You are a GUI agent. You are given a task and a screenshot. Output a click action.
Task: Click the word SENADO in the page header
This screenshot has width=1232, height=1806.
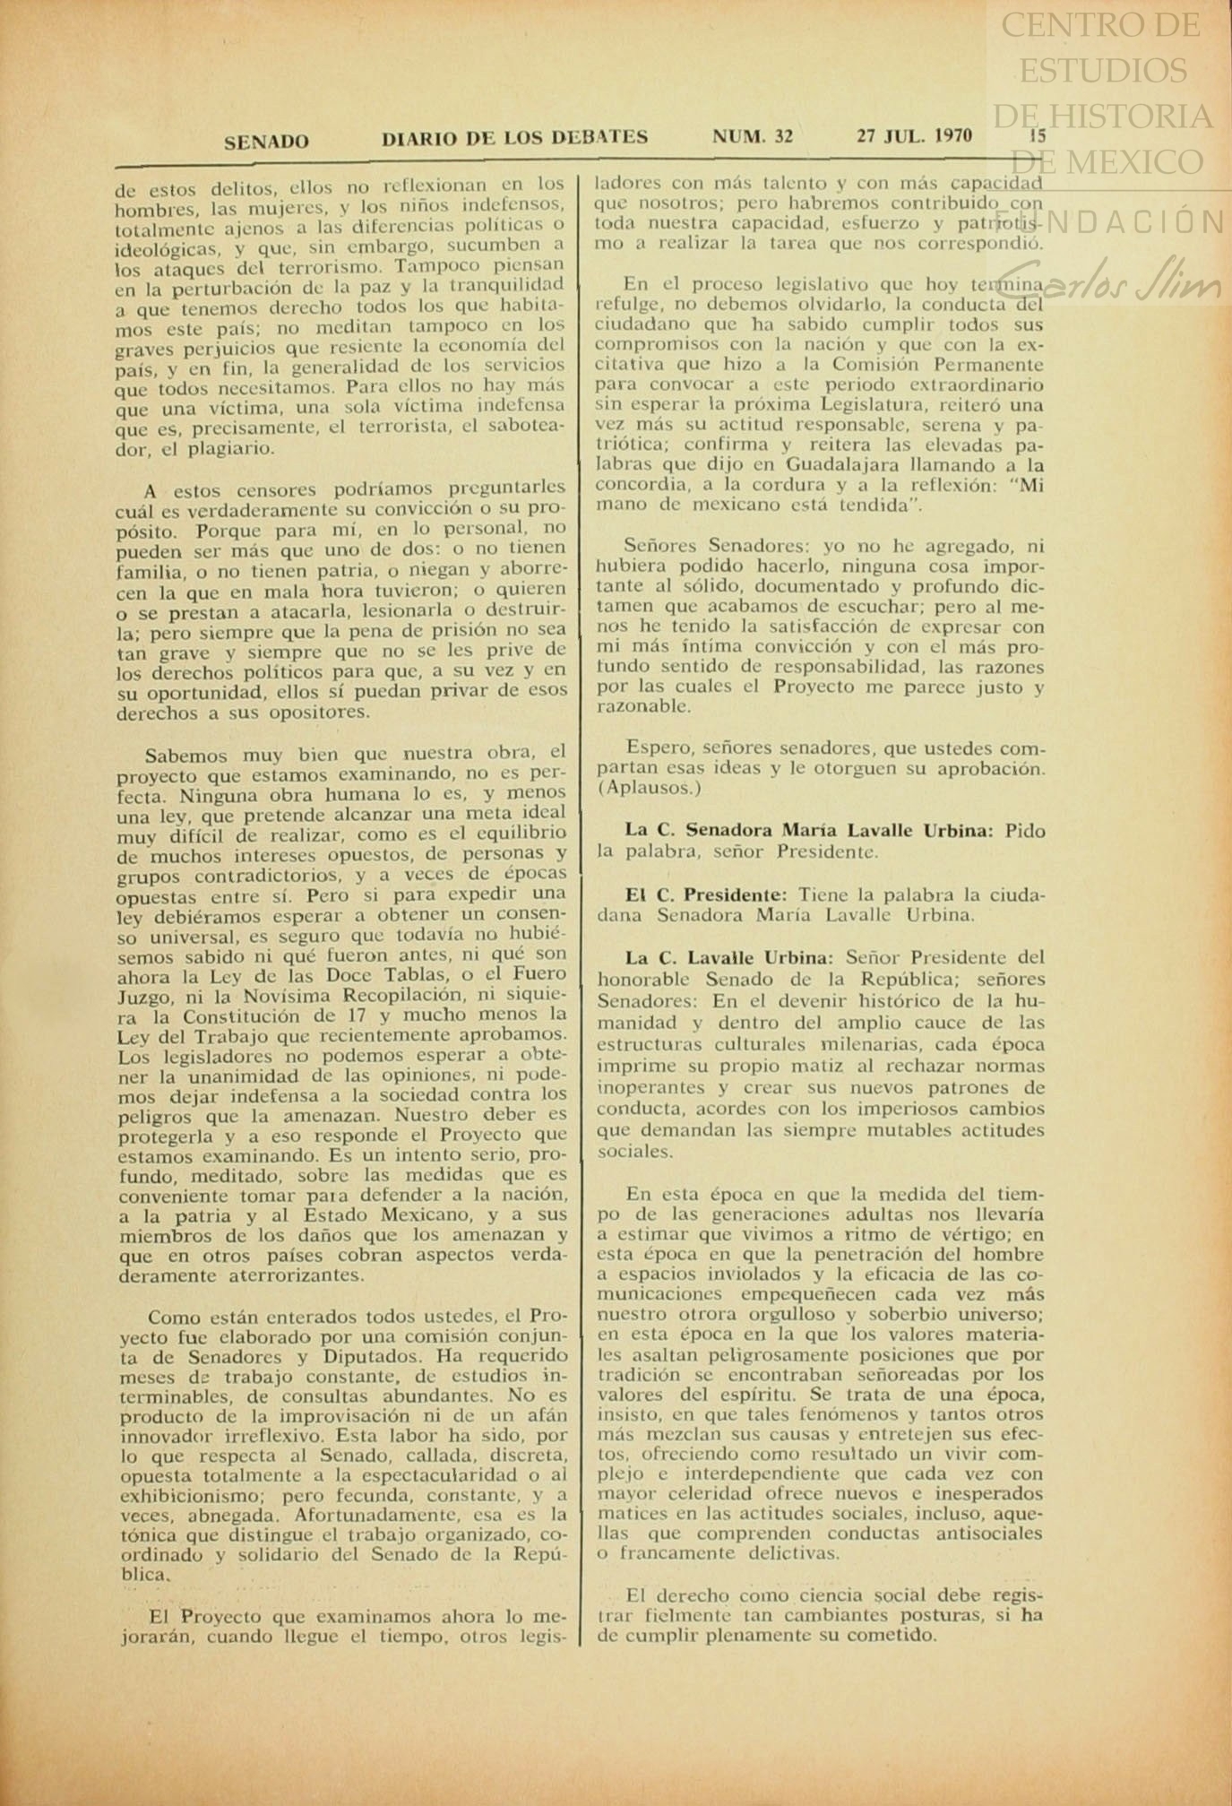pyautogui.click(x=266, y=142)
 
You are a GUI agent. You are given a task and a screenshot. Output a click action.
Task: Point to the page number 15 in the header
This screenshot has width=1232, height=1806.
pyautogui.click(x=1038, y=137)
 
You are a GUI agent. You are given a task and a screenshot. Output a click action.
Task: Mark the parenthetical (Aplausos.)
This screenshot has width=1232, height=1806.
pyautogui.click(x=650, y=789)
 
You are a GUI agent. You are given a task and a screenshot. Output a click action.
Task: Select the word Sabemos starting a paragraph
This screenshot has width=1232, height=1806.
pyautogui.click(x=185, y=755)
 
